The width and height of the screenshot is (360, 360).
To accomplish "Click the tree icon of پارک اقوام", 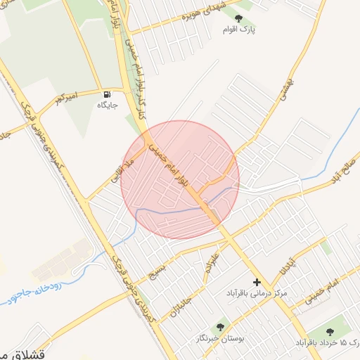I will click(x=239, y=18).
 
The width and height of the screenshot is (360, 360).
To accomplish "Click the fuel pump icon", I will click(x=107, y=94).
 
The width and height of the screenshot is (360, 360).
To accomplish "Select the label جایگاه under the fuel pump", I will click(x=107, y=105).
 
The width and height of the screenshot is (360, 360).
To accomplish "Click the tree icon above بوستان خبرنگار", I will click(x=221, y=327).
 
